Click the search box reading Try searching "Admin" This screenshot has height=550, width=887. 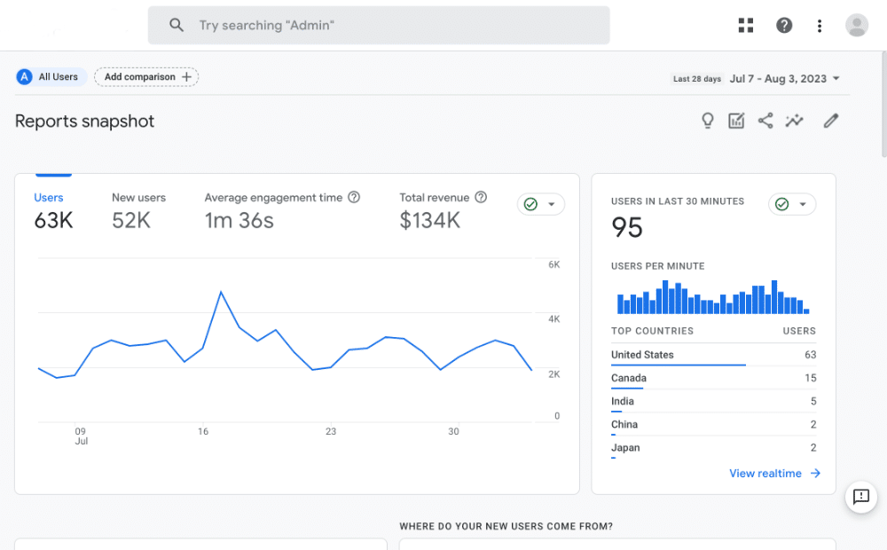(379, 26)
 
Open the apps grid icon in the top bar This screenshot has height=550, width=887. (746, 26)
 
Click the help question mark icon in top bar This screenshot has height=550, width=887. (784, 26)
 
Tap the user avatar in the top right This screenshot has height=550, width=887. (857, 26)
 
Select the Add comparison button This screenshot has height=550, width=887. (146, 77)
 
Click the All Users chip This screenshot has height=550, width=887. (50, 77)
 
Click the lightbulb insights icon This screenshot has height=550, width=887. (707, 122)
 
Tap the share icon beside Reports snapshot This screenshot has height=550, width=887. (765, 121)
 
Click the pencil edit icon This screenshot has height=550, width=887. (830, 121)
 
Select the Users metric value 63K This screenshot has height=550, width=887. (53, 221)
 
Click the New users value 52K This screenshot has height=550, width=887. (131, 221)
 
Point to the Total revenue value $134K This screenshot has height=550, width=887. (429, 221)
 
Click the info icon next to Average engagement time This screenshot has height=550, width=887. (354, 198)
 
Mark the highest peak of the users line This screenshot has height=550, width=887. (221, 292)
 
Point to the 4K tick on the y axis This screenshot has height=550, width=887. (553, 319)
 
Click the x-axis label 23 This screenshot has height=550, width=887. (331, 432)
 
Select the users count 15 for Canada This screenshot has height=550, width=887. (810, 379)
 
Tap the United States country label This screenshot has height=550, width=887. (642, 355)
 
